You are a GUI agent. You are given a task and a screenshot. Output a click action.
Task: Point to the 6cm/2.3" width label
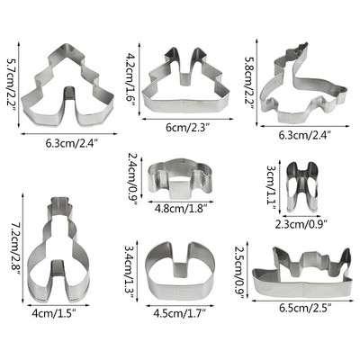coord(187,128)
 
